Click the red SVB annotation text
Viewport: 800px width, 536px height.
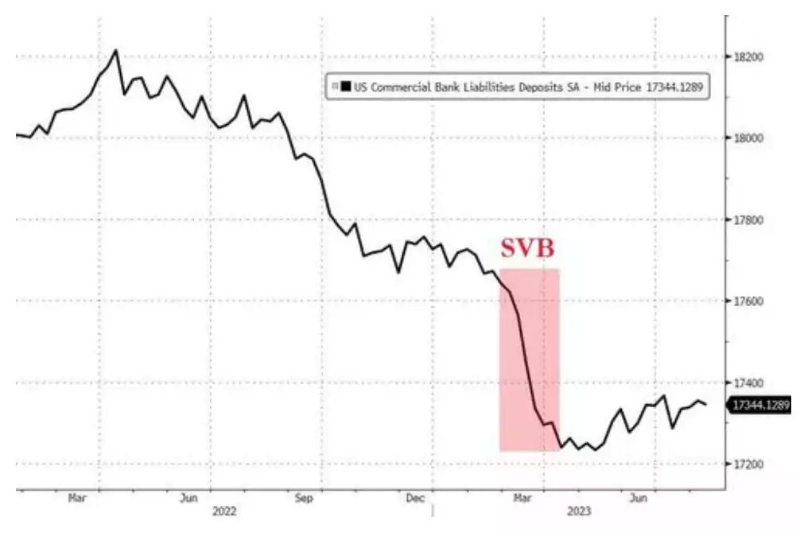point(526,248)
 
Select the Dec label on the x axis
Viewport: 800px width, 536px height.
point(415,498)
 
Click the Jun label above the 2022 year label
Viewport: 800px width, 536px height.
point(188,498)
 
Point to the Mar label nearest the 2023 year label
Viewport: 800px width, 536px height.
point(522,498)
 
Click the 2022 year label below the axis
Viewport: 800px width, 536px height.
point(225,512)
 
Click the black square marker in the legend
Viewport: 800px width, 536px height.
point(345,87)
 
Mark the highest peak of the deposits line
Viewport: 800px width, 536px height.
point(116,50)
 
